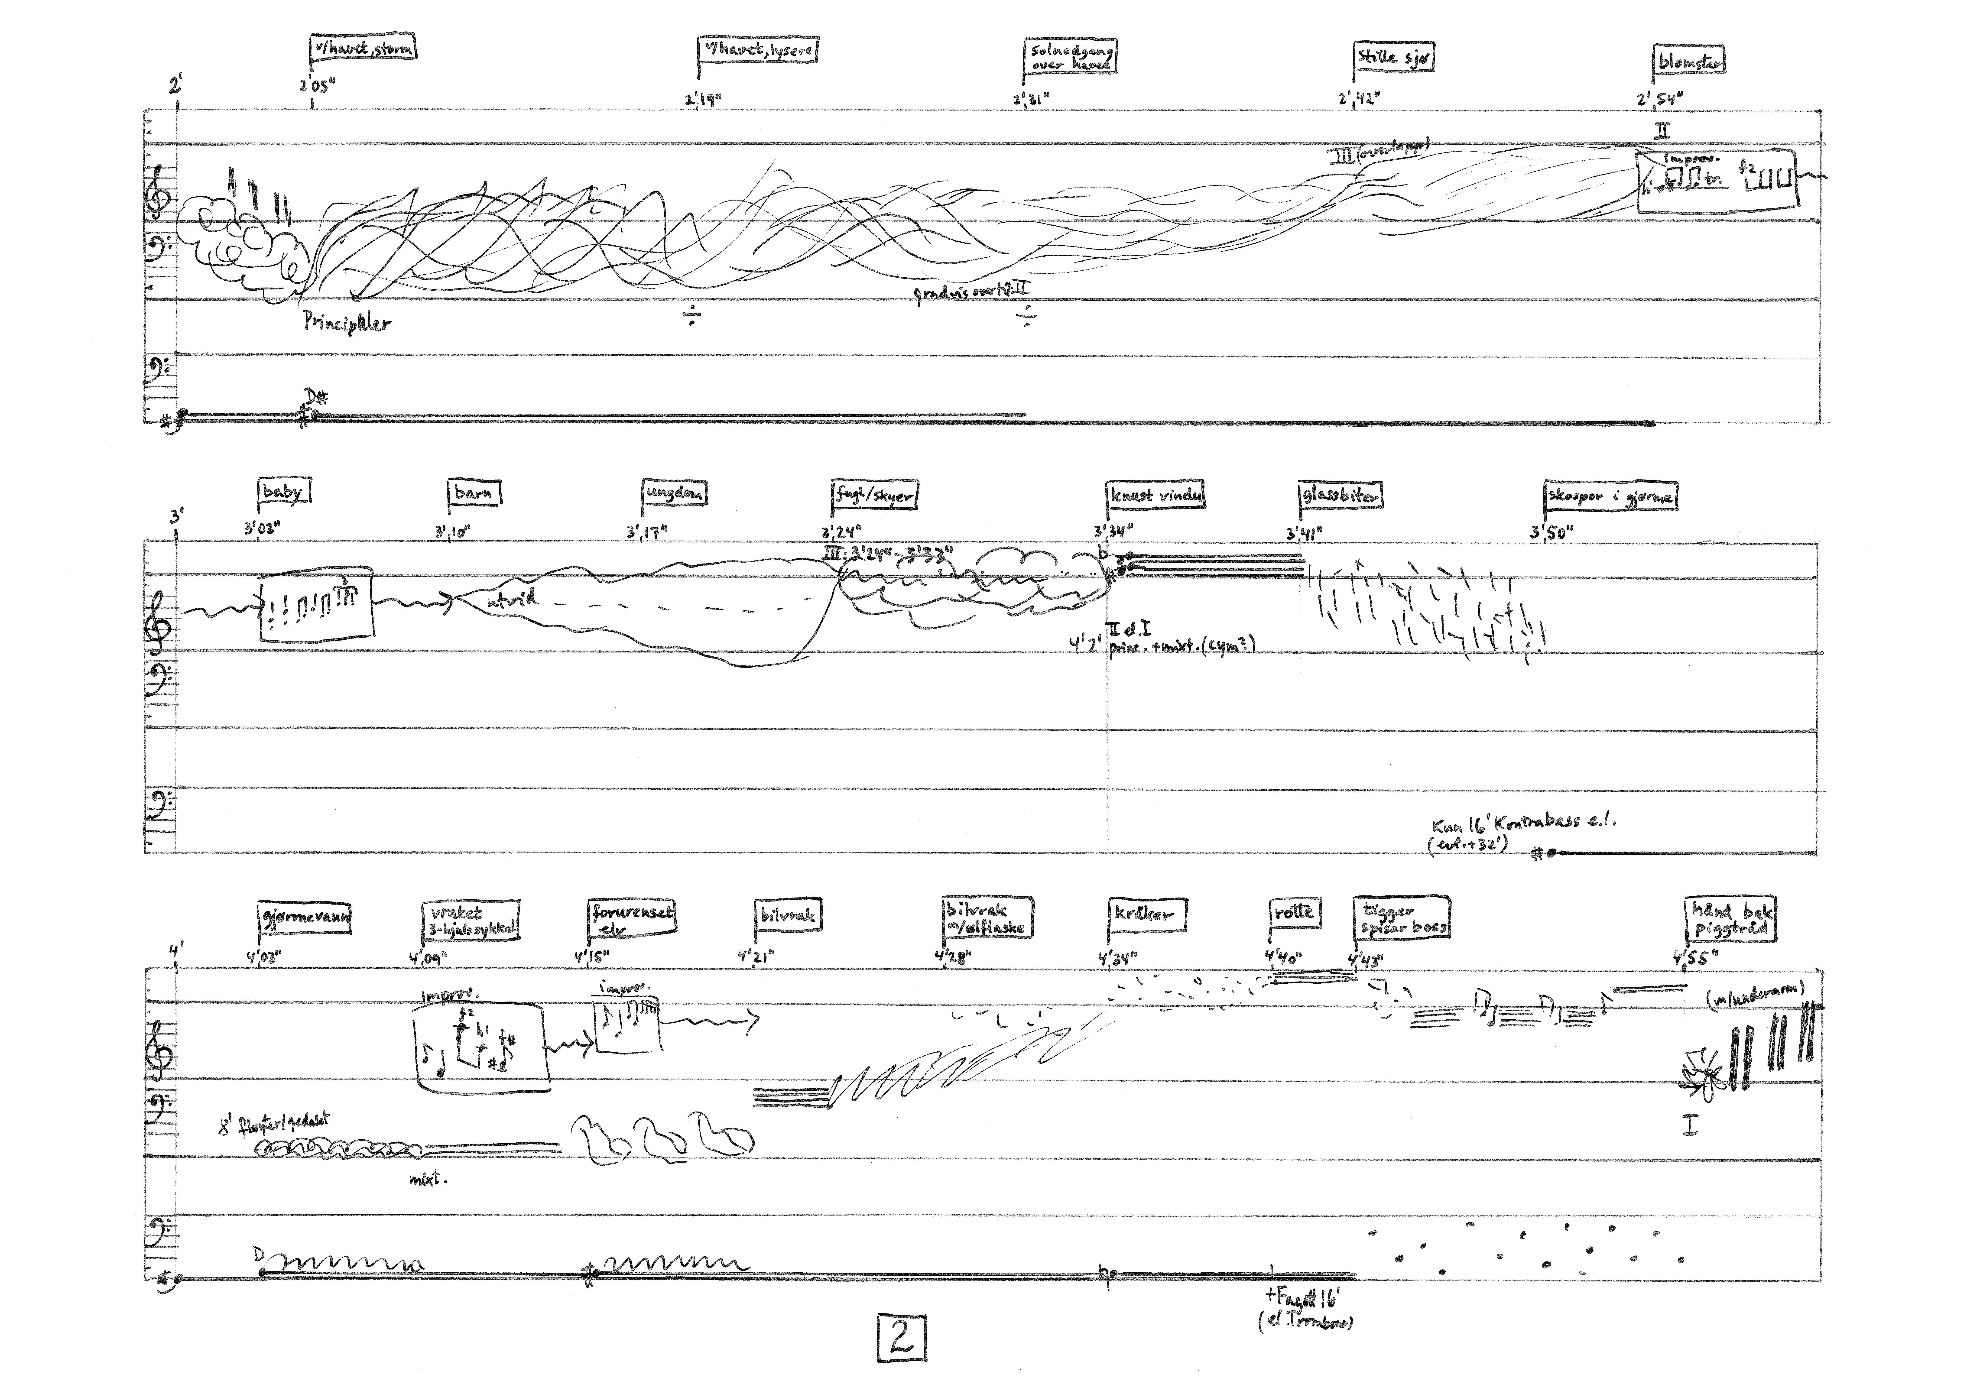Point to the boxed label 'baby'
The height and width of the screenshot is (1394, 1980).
coord(284,492)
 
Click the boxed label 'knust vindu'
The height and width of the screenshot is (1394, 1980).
coord(1156,496)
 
